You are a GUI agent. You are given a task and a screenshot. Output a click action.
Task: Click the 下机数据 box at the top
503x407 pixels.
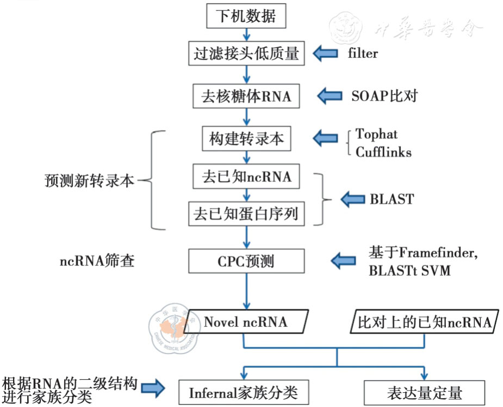[246, 16]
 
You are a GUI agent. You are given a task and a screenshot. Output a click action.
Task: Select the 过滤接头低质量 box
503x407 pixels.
[246, 53]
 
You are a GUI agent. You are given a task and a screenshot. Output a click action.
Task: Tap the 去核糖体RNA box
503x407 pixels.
[246, 97]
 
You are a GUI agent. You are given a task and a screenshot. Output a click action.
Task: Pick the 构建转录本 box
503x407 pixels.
[246, 138]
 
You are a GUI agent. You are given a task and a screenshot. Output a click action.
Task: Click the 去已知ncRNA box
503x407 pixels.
[246, 177]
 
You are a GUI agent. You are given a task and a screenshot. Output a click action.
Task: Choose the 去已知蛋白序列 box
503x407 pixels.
[246, 214]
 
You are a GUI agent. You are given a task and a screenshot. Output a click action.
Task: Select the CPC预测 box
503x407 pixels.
[246, 262]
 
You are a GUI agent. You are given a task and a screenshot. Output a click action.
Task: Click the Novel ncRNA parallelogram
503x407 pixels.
[246, 322]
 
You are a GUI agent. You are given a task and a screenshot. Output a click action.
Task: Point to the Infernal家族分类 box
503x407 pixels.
[243, 392]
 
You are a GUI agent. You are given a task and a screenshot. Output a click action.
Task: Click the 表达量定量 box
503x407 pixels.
[424, 392]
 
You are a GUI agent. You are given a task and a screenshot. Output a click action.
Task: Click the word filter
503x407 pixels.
[363, 53]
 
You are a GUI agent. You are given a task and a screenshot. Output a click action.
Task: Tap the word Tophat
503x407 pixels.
[376, 133]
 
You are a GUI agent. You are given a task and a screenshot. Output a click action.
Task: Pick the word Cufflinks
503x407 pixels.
[383, 152]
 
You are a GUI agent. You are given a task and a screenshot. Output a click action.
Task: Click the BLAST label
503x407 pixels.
[392, 199]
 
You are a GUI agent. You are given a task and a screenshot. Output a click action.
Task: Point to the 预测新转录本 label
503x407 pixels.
[89, 180]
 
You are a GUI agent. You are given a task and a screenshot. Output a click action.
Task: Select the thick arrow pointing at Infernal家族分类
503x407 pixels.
[153, 388]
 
